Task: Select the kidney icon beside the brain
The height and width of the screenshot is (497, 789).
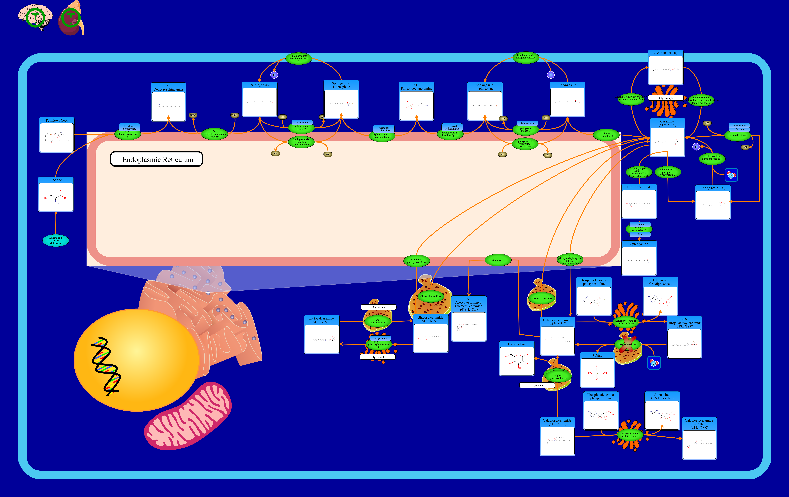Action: click(x=70, y=19)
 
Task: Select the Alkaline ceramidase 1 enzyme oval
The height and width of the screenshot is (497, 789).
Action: click(x=606, y=135)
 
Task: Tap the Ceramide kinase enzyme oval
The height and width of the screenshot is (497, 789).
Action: click(x=737, y=135)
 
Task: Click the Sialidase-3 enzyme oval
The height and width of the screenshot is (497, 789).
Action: click(x=498, y=260)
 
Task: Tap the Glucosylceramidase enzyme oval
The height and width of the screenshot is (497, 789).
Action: click(x=431, y=296)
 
